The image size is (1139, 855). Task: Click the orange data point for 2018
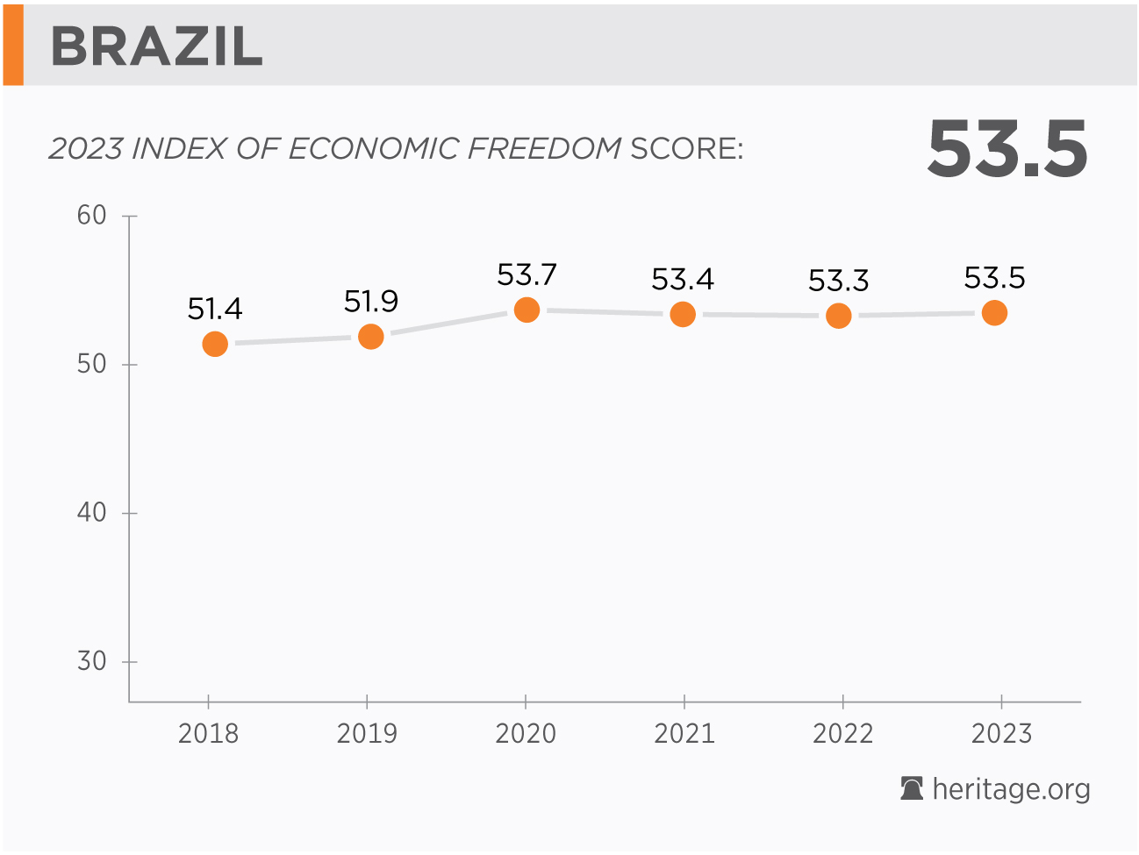[x=215, y=344]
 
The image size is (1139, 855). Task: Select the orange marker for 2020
[x=527, y=310]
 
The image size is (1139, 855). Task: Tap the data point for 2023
[x=994, y=312]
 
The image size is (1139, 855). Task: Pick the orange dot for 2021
[x=683, y=314]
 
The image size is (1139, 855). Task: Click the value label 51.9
[x=371, y=302]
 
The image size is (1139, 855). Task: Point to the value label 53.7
[x=527, y=275]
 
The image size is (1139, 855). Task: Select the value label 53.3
[x=838, y=281]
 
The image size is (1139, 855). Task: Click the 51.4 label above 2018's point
[x=215, y=309]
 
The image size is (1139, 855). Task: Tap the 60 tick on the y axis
[x=91, y=215]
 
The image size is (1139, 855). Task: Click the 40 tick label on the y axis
[x=91, y=512]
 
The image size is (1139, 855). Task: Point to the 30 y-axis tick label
[x=91, y=661]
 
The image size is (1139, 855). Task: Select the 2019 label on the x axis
[x=367, y=733]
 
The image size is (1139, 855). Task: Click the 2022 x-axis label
[x=842, y=733]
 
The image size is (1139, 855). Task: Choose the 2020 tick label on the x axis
[x=526, y=733]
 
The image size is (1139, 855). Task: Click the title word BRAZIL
[x=157, y=46]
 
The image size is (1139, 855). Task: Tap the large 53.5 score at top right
[x=1007, y=149]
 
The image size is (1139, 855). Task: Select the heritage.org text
[x=1011, y=789]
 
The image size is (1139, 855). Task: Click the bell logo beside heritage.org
[x=912, y=788]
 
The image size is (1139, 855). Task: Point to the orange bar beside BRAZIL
[x=13, y=44]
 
